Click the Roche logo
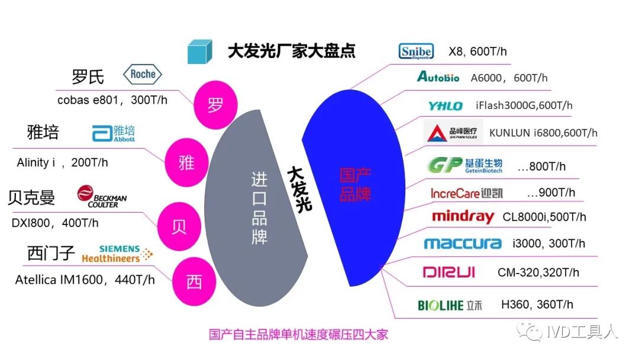point(142,75)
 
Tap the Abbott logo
point(114,133)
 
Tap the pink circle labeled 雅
point(186,162)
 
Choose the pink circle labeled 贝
point(178,227)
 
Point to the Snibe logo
point(416,52)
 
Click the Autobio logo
point(438,77)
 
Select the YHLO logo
point(446,105)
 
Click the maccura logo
point(463,243)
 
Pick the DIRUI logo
point(448,272)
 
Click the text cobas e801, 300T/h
point(112,100)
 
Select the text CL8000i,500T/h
point(544,217)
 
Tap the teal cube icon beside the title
point(199,52)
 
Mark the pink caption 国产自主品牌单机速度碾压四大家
point(298,335)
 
